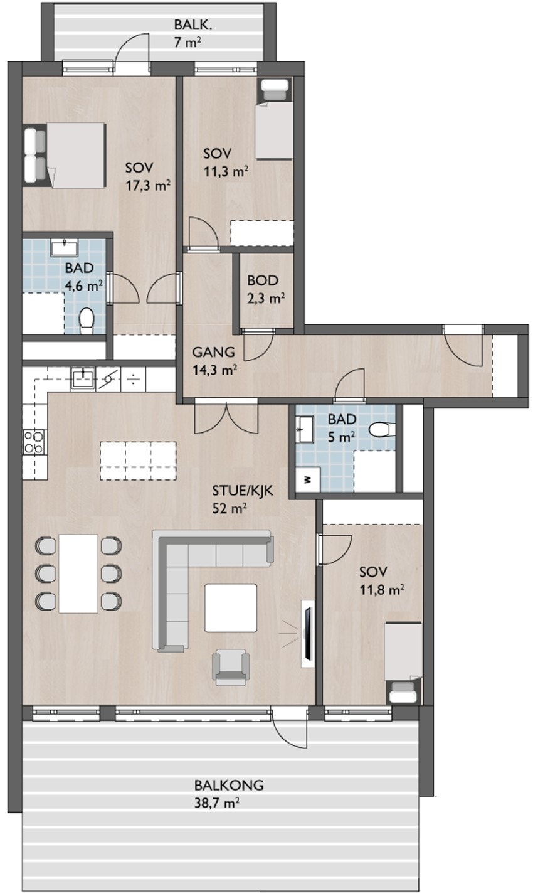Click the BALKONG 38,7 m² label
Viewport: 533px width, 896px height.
pos(228,793)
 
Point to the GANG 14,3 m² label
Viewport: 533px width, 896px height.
pos(214,361)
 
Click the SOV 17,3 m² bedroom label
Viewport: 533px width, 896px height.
pos(148,176)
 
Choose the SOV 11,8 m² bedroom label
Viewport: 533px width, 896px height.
pos(381,580)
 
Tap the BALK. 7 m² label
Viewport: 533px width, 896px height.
pos(192,34)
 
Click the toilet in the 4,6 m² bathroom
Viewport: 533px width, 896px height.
pos(87,320)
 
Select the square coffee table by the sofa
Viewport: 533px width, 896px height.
pos(231,607)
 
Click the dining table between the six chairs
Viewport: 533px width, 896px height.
pos(78,573)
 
